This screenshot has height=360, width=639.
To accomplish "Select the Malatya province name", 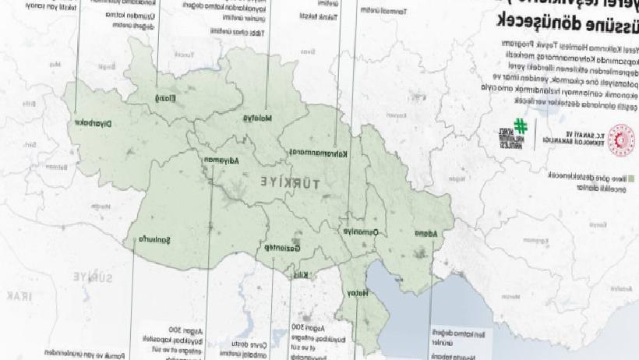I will (x=255, y=118).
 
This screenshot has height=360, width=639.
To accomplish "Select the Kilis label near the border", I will (x=300, y=274).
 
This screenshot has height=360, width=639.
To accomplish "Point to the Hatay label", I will (x=349, y=292).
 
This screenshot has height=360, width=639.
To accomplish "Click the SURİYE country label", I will (x=86, y=276).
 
